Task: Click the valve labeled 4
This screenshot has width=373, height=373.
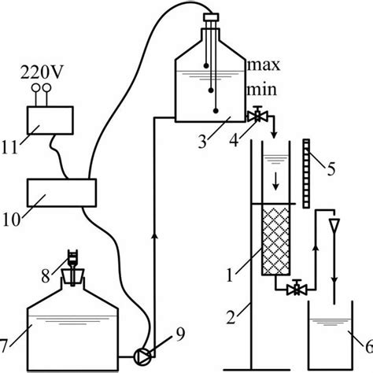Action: (x=256, y=116)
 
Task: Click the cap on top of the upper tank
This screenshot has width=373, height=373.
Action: (x=211, y=17)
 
